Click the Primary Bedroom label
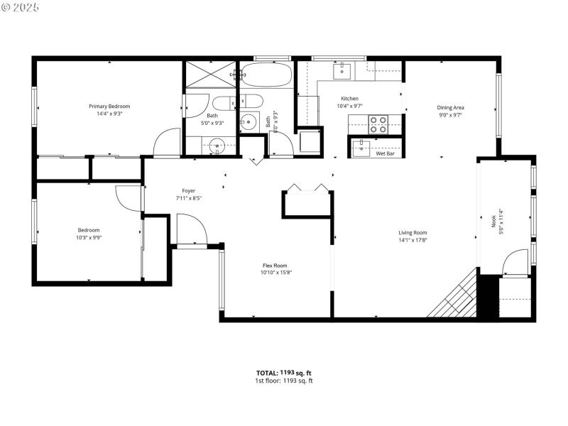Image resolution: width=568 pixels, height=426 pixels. [109, 106]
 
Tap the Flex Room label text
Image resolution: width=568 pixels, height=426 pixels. [275, 266]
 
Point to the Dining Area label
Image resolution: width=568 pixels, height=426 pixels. [450, 108]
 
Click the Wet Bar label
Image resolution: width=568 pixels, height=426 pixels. [385, 153]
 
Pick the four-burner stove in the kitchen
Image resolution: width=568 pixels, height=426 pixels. [378, 125]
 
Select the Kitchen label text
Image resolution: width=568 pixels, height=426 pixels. [349, 99]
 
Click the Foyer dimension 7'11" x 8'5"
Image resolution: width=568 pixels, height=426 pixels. [188, 198]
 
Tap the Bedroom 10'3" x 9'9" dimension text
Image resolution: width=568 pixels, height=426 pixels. [89, 237]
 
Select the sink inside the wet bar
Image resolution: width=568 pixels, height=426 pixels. [362, 148]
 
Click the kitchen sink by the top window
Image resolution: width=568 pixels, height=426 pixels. [343, 70]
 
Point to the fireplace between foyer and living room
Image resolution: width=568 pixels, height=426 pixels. [307, 201]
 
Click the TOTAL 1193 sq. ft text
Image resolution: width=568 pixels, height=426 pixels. [284, 373]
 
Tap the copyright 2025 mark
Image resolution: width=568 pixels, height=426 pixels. [21, 6]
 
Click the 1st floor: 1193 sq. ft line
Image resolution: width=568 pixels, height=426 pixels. [284, 381]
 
